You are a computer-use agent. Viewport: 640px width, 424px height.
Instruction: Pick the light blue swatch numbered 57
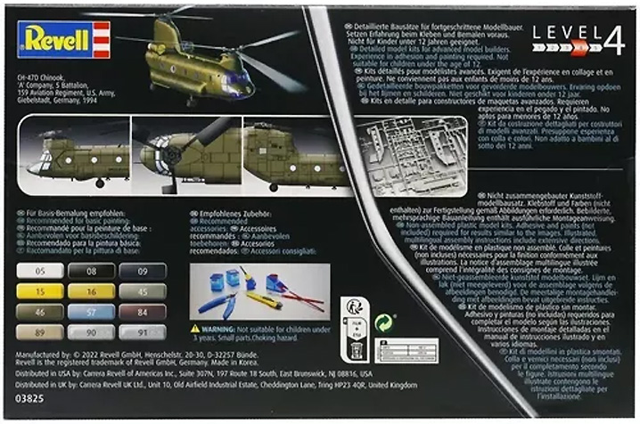pos(94,312)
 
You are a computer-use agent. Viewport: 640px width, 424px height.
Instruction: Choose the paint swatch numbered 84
pos(144,312)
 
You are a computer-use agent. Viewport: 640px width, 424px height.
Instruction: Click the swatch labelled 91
pos(144,332)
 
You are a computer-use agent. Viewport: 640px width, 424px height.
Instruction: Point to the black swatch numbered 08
pos(94,271)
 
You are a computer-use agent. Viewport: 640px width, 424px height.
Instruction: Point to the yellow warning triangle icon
pos(194,329)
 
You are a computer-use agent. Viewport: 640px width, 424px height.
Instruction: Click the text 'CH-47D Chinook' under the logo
pos(42,78)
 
